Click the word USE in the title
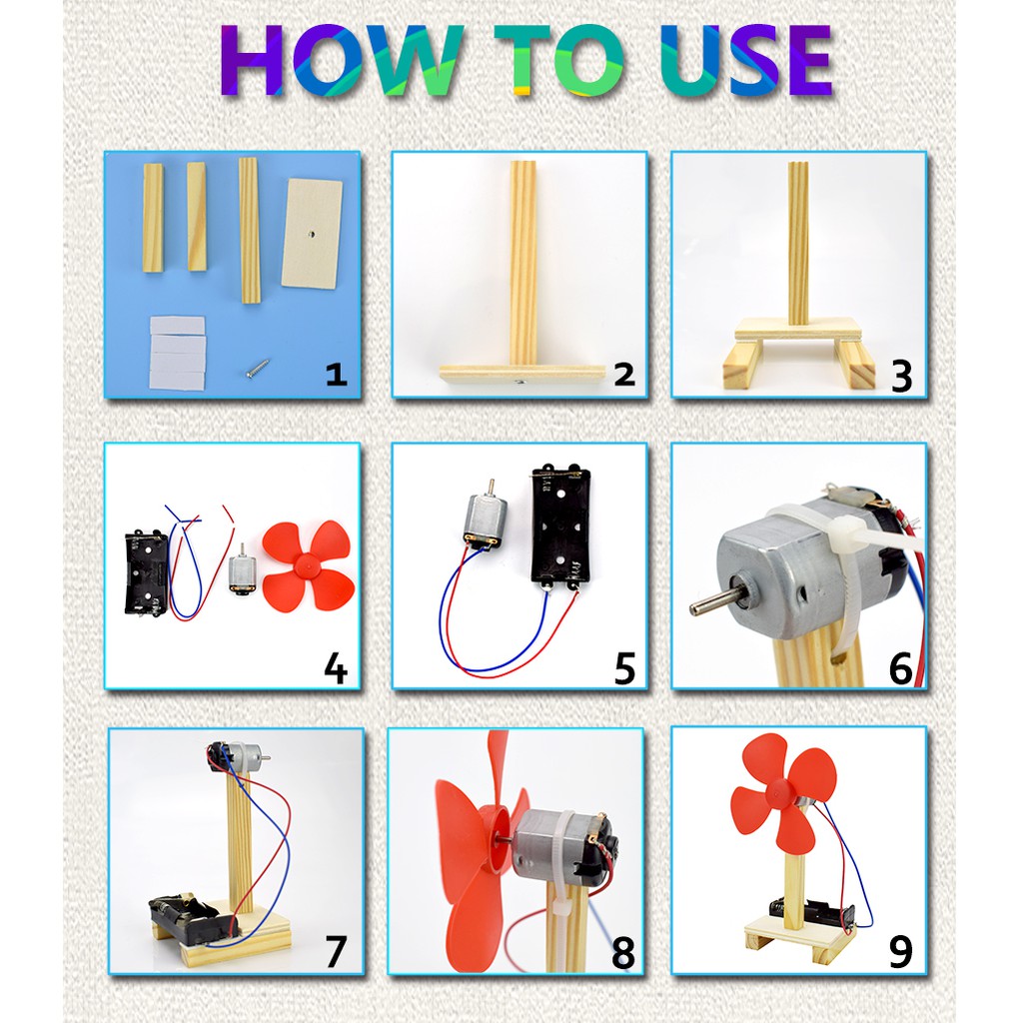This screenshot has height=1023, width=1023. pos(735,61)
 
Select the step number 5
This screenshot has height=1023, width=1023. pos(624,667)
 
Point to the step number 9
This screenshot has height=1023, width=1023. pos(900,950)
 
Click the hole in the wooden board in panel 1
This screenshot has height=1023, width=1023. pos(313,235)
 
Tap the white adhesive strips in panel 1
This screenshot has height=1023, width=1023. pos(177,351)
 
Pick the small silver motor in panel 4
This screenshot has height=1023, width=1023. pos(242,572)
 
